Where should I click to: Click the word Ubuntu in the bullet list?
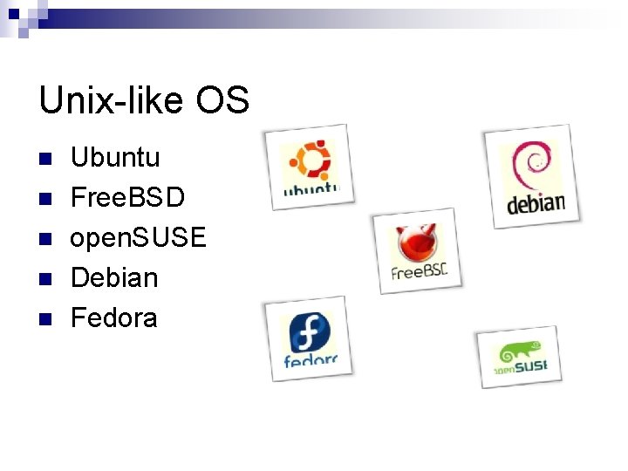tap(115, 158)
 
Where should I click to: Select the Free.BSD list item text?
tap(127, 198)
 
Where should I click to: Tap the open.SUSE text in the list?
tap(138, 237)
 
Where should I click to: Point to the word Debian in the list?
tap(114, 277)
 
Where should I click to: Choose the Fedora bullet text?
tap(114, 317)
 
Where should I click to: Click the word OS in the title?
tap(222, 101)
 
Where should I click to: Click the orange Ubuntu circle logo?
tap(310, 160)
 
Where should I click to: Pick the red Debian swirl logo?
tap(531, 166)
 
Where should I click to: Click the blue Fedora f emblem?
tap(308, 331)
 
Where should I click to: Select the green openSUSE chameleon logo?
tap(521, 352)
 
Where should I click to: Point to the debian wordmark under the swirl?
tap(536, 205)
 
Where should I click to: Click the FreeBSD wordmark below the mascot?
tap(419, 271)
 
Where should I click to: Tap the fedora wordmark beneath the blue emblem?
tap(311, 358)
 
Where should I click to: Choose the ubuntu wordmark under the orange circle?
tap(311, 188)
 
